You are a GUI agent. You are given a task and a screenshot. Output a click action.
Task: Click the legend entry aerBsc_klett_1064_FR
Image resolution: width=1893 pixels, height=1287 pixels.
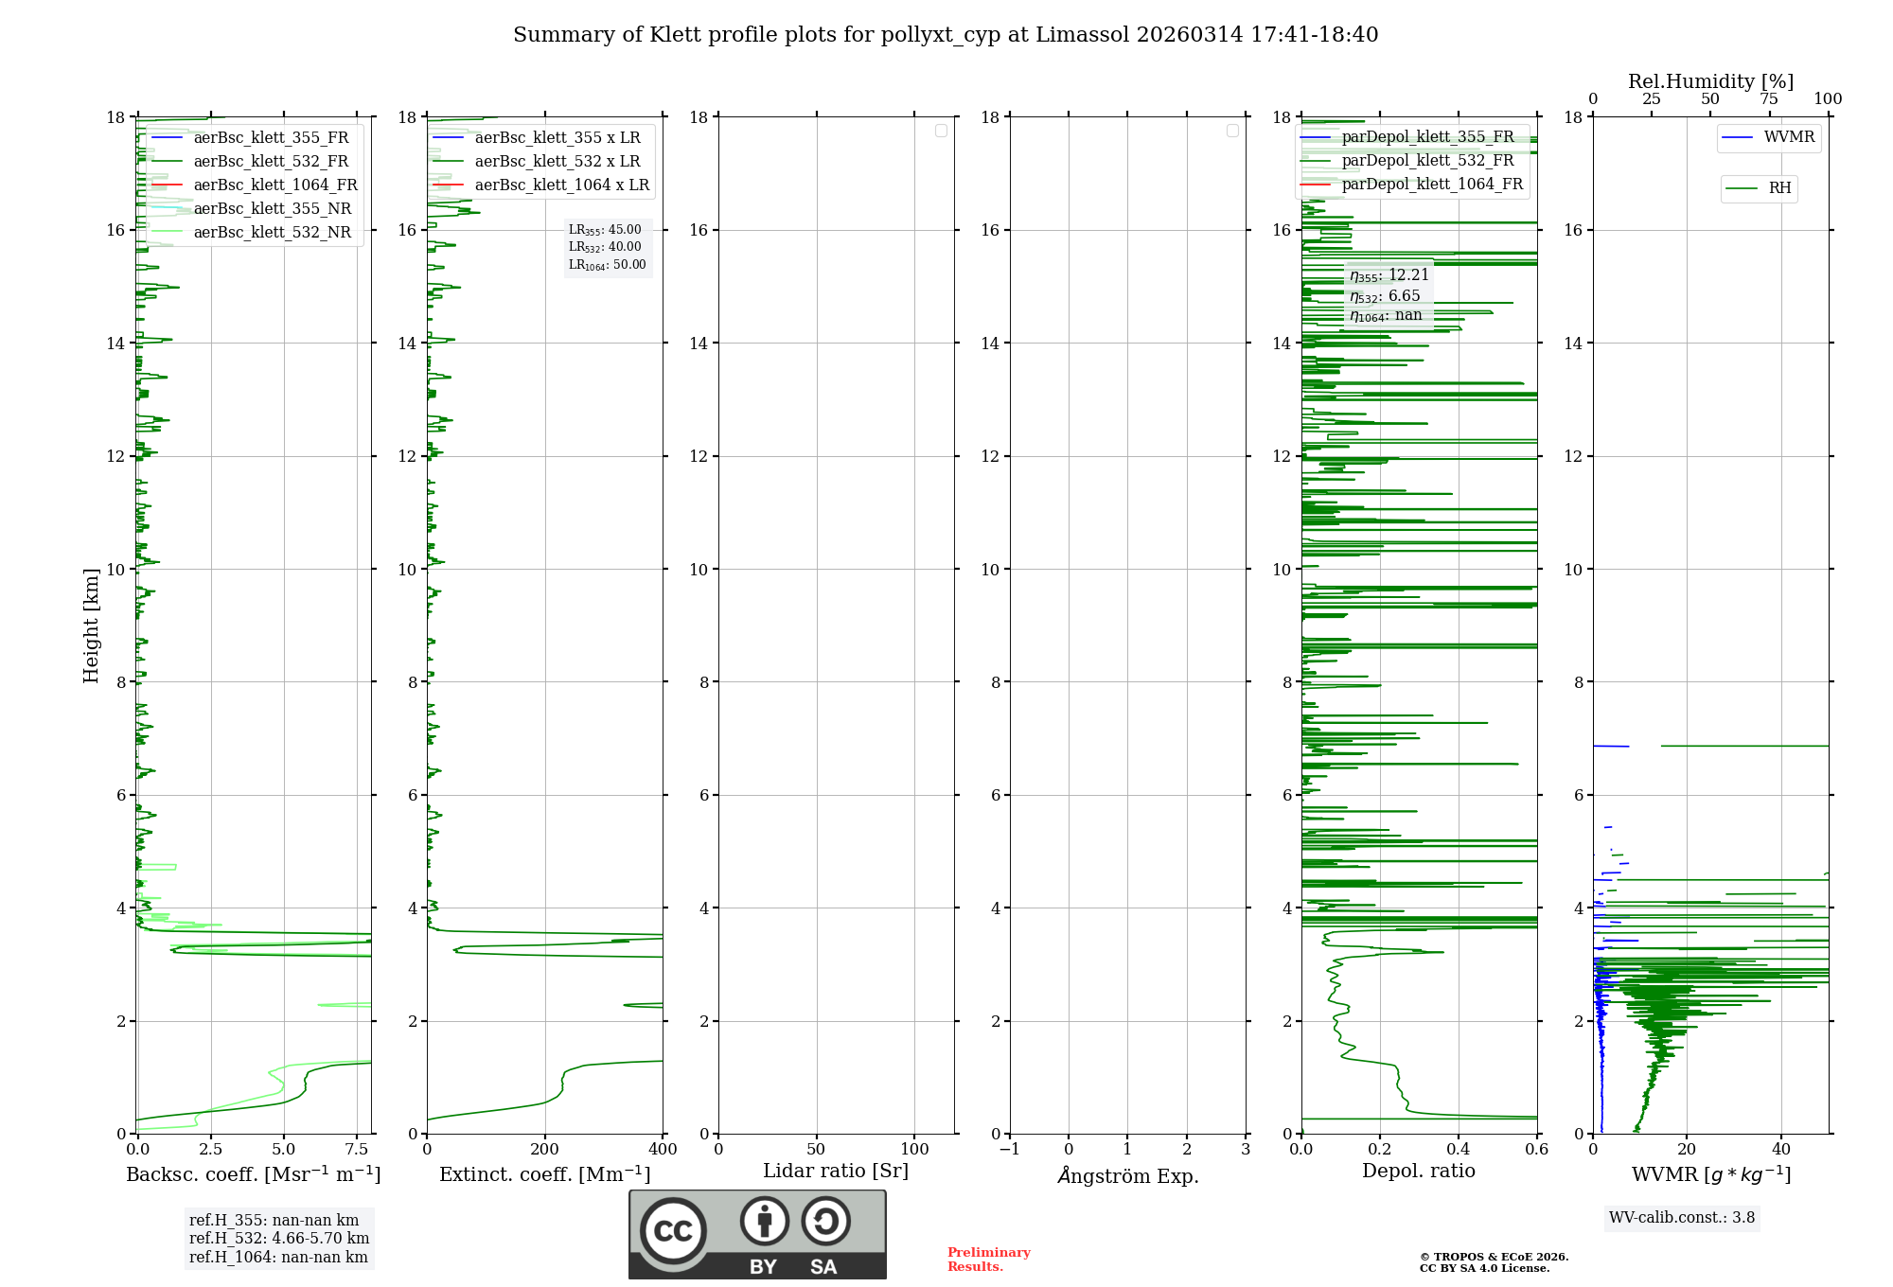274,185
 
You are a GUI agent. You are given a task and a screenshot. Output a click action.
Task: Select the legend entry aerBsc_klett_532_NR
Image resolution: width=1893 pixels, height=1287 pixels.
272,233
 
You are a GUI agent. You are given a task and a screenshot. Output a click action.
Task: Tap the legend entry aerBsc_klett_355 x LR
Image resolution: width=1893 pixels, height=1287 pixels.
557,138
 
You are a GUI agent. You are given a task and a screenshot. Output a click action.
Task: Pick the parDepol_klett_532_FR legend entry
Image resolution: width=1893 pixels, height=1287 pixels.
1427,161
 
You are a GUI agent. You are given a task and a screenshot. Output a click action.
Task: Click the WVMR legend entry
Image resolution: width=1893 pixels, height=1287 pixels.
1789,137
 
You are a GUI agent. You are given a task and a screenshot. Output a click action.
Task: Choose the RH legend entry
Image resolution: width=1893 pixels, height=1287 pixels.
1779,188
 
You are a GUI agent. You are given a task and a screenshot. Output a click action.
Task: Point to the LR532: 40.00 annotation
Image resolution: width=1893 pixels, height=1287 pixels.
605,247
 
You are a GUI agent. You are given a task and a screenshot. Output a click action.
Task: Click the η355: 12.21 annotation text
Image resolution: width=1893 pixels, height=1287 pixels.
1389,275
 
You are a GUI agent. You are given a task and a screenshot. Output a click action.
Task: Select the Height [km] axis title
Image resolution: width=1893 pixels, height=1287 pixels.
91,626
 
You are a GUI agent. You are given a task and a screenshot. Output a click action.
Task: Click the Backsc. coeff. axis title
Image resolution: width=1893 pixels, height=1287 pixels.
253,1174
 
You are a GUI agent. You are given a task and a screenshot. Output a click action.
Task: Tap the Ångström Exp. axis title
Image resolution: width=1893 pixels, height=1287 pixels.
1127,1175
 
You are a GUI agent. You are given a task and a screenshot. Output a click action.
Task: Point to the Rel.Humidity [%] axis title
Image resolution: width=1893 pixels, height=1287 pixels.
1710,81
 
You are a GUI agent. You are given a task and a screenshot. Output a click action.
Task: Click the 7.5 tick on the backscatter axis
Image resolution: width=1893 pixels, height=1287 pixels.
357,1150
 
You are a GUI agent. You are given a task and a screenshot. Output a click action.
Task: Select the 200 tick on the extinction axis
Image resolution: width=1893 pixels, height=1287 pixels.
545,1150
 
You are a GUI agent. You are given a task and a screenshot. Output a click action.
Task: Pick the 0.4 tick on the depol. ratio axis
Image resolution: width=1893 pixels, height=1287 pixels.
1459,1150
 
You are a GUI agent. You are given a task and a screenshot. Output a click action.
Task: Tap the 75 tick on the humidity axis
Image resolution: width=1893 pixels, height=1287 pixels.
1769,99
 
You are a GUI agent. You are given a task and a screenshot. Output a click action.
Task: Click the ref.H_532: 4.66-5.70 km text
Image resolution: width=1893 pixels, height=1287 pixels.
279,1239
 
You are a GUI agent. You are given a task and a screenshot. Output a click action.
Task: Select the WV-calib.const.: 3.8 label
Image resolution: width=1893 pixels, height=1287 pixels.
1682,1218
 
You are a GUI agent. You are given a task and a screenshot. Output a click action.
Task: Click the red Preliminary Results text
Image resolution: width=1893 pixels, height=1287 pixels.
988,1260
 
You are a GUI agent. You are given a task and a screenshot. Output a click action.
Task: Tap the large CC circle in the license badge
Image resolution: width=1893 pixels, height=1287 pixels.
673,1231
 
